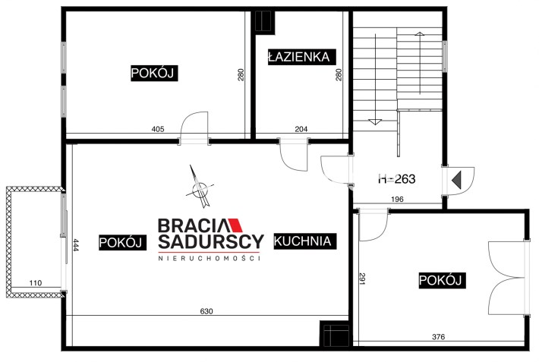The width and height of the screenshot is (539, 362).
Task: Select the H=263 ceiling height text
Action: pos(397,179)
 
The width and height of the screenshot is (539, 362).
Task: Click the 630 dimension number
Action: pos(206,311)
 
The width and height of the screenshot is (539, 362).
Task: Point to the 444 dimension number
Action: pos(76,245)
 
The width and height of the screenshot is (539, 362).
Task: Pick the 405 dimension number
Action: pos(158,129)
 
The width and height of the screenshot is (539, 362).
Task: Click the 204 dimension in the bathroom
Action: pos(301,129)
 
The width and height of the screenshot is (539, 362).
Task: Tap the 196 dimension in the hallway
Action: pos(397,199)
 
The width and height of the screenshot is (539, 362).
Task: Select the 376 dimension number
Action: pos(438,337)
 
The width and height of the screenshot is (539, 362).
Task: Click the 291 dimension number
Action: pos(362,278)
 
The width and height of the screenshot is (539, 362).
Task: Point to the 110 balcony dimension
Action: pos(36,283)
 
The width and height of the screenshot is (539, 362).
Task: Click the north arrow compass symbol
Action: pos(200,187)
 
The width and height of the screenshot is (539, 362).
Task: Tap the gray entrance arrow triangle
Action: pos(457,180)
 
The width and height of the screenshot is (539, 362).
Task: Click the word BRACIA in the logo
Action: pos(192,225)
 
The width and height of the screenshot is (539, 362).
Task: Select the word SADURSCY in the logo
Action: pos(211,242)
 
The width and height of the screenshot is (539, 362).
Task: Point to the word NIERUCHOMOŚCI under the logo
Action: pos(209,258)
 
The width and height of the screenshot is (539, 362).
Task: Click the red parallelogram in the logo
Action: pos(236,225)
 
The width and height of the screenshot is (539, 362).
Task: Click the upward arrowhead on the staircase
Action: pos(420,33)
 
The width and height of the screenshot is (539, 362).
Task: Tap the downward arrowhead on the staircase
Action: pos(375,121)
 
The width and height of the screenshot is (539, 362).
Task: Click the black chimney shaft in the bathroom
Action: pos(265,22)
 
